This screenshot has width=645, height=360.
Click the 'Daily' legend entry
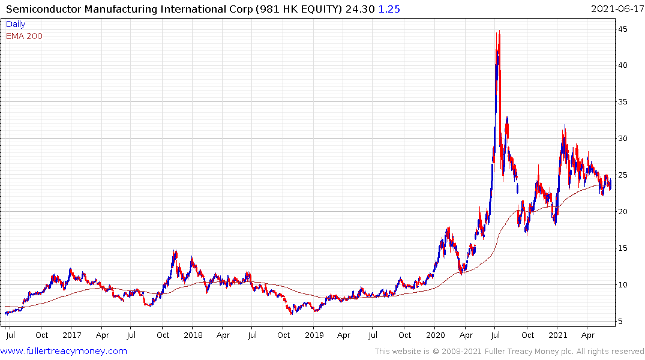point(16,25)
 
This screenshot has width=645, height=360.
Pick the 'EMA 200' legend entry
point(24,36)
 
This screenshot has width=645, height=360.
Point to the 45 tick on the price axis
point(624,29)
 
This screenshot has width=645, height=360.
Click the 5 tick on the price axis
point(622,322)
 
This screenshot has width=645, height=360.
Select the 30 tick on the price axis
point(624,139)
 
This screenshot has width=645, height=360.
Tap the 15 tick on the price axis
point(624,248)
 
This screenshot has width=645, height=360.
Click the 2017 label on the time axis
point(71,334)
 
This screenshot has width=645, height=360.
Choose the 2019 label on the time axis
point(314,334)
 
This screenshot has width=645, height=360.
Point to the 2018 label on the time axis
point(193,334)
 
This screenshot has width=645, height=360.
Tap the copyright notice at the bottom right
point(509,351)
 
